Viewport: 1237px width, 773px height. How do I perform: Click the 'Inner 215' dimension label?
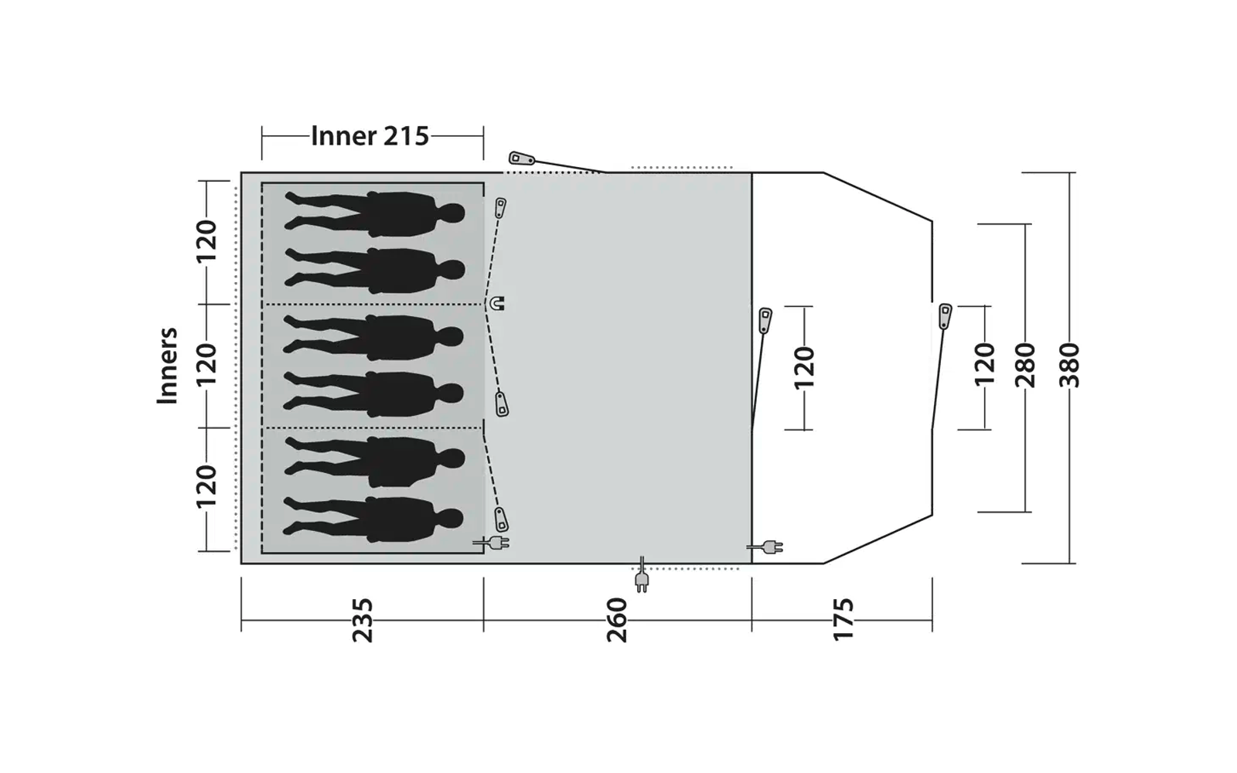370,136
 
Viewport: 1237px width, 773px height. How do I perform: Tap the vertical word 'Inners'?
168,366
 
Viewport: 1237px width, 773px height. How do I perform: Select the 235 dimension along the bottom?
362,619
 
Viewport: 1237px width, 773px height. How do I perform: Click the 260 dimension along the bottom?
617,619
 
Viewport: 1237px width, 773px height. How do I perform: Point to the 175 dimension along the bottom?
843,618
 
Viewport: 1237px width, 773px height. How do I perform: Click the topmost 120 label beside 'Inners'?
206,241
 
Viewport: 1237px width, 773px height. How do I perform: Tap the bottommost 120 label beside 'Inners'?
206,487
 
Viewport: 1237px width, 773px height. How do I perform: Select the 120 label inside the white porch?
804,367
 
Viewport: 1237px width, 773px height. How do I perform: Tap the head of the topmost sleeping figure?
452,213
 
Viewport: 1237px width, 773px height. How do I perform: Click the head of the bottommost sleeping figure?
451,518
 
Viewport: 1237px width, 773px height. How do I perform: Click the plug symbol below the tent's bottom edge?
641,580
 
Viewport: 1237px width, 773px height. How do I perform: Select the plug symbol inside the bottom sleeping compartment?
495,543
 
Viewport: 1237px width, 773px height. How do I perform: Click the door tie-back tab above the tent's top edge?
521,159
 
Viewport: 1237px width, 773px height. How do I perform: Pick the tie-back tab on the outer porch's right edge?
945,316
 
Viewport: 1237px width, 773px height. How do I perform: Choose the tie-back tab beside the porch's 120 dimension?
765,319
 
